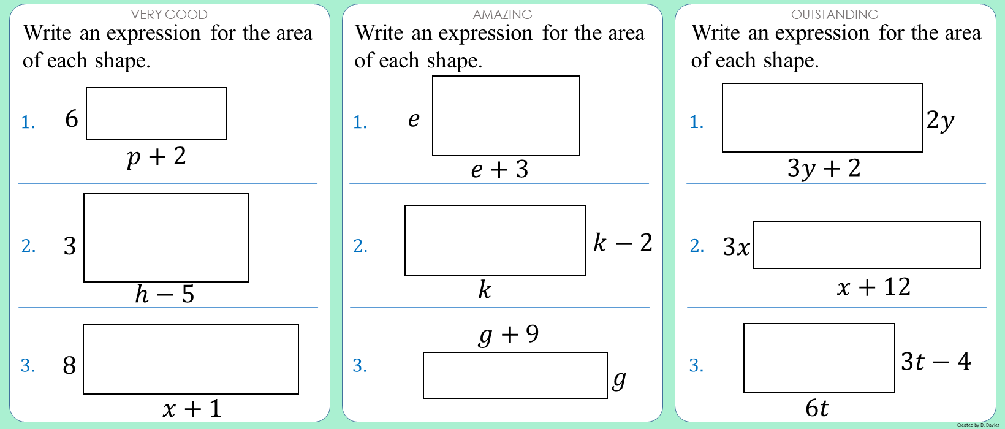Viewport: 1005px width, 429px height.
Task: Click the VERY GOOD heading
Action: [169, 14]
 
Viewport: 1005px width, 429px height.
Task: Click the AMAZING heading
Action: [502, 14]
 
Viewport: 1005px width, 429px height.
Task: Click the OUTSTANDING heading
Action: [835, 14]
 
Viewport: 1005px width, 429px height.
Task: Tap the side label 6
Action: [72, 118]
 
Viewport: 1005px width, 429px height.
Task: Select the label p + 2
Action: [156, 157]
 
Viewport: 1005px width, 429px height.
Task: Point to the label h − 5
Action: [164, 294]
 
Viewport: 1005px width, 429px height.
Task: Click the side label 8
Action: [69, 365]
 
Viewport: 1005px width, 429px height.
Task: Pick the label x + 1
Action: [192, 408]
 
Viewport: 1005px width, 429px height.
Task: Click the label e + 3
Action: [499, 170]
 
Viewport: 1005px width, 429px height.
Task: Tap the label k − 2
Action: [623, 243]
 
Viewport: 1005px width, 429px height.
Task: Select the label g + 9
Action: [509, 335]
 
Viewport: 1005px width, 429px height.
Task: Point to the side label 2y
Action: [940, 120]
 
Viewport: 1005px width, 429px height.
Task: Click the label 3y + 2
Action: [824, 168]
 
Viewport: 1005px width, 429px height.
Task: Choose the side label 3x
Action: [736, 247]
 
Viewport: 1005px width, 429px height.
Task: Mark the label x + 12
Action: [873, 287]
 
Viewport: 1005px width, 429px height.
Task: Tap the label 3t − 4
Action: [935, 362]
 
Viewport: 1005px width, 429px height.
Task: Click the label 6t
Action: [817, 408]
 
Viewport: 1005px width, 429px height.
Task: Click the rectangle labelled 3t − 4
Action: [819, 358]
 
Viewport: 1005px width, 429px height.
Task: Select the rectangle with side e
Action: [506, 116]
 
